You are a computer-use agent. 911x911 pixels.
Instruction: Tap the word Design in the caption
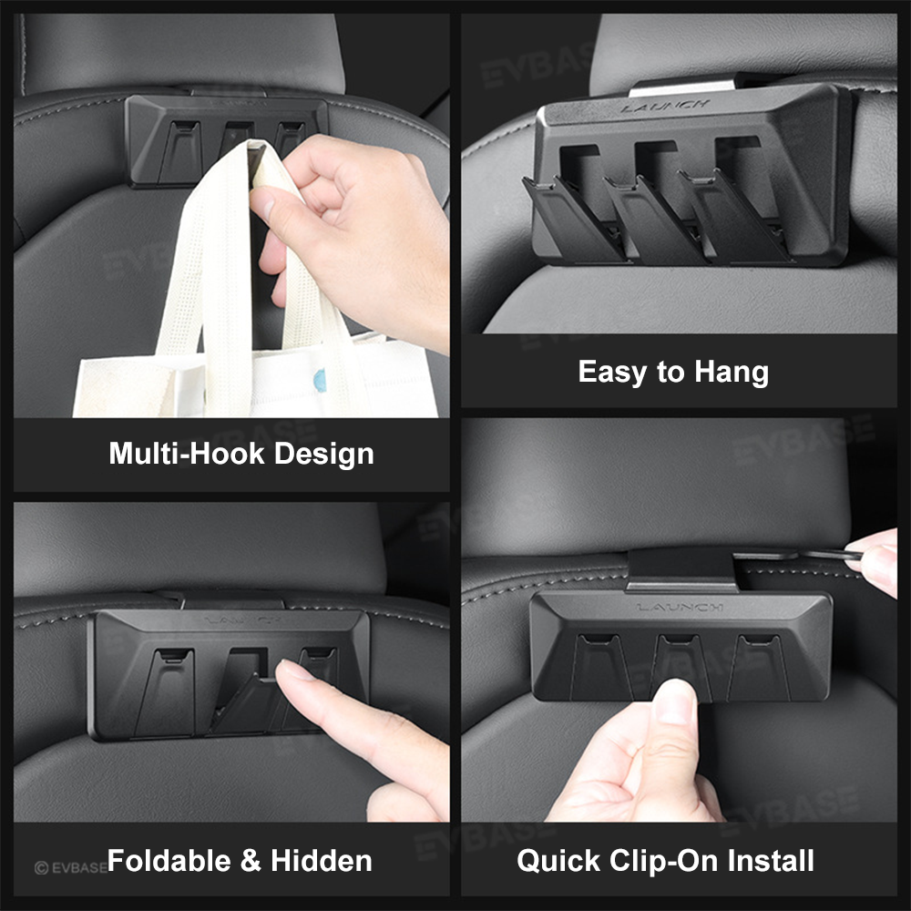[323, 455]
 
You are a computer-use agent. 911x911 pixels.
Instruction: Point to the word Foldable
[169, 861]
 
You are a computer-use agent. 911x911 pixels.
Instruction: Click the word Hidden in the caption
[322, 861]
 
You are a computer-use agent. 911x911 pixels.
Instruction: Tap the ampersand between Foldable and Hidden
[251, 861]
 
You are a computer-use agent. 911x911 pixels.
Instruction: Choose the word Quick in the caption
[558, 862]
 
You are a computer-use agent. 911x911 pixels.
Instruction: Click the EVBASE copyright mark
[71, 868]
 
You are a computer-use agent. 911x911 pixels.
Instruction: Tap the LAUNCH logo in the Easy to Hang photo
[665, 107]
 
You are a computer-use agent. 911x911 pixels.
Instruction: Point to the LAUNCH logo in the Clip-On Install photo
[680, 607]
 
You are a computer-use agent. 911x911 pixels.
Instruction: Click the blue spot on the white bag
[320, 380]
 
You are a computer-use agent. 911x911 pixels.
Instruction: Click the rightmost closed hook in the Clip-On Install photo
[759, 667]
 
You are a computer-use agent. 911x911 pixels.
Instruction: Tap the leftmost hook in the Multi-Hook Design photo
[180, 151]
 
